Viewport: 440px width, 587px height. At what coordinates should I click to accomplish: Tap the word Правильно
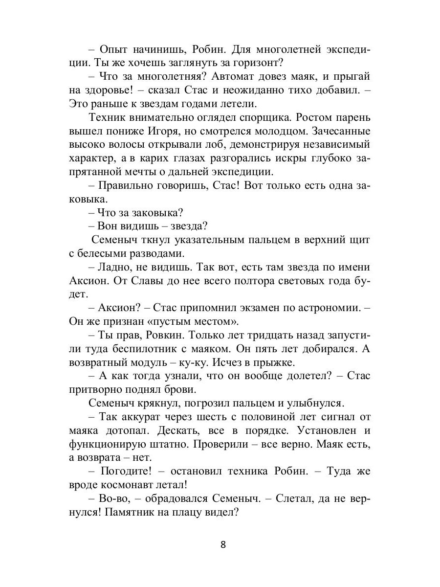coord(130,185)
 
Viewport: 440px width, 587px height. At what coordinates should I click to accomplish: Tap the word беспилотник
coord(149,348)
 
